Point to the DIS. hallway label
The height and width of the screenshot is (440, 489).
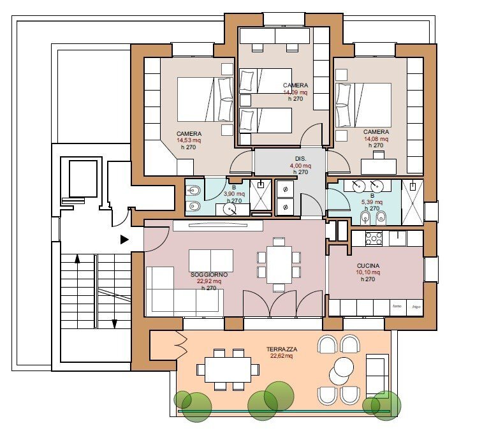click(x=300, y=158)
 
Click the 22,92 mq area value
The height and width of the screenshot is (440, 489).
click(x=208, y=281)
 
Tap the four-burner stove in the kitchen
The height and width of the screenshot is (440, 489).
click(x=372, y=238)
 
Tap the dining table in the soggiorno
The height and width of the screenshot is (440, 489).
click(x=279, y=263)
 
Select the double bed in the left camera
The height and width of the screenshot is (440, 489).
click(x=204, y=99)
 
